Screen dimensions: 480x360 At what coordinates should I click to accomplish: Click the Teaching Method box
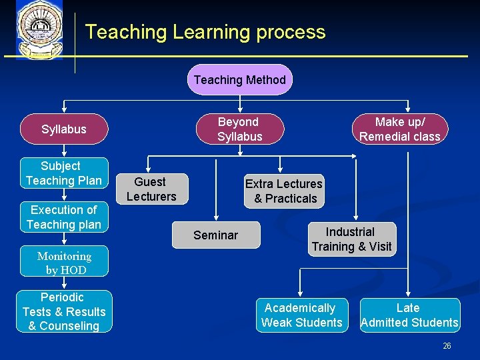240,80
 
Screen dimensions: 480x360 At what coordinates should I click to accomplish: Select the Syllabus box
64,129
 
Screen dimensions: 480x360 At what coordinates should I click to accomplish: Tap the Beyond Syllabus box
239,129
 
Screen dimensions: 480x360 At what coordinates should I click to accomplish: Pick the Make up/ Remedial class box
400,129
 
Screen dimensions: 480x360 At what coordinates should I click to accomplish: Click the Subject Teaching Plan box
64,173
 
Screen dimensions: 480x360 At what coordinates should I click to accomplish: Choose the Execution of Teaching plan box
64,217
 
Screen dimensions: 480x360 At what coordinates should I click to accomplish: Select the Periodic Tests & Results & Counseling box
64,311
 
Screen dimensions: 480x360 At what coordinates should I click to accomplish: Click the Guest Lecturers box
151,189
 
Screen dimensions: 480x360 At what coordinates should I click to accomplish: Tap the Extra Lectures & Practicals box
284,191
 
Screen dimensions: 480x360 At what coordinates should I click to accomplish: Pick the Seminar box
216,235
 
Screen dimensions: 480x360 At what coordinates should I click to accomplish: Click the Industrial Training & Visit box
351,239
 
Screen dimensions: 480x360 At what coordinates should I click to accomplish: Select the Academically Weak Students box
302,315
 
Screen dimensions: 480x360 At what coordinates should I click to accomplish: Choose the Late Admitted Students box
409,315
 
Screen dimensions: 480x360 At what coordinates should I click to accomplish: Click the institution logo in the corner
40,30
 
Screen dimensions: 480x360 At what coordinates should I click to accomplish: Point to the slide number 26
447,345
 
